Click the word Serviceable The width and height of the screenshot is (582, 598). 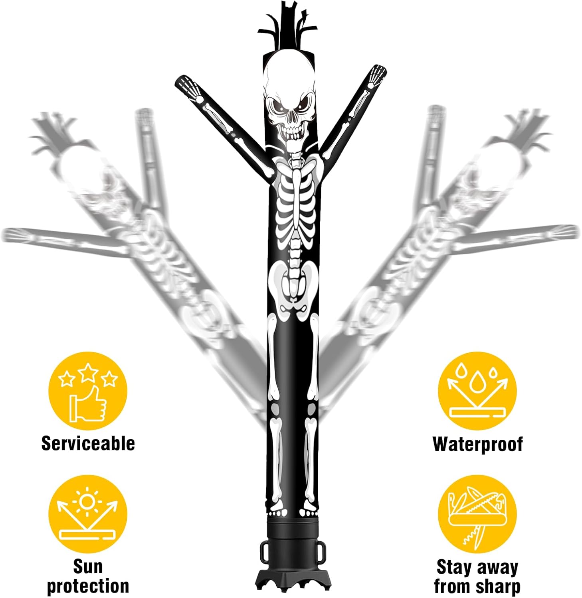88,443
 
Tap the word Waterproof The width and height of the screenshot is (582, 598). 477,444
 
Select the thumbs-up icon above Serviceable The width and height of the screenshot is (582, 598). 88,403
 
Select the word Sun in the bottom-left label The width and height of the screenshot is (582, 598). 88,566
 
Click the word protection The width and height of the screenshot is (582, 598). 88,586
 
